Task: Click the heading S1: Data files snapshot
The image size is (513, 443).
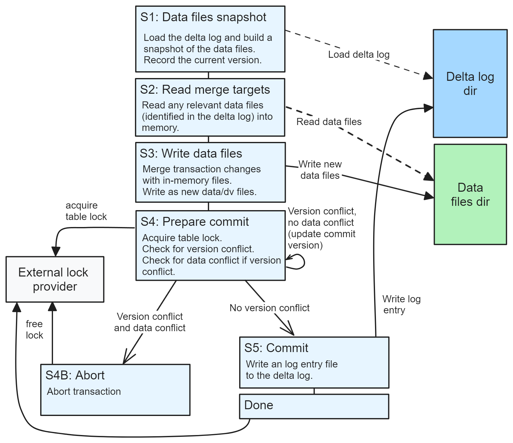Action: pos(203,17)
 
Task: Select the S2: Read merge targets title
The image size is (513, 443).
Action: pos(205,90)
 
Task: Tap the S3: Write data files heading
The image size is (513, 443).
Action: pos(191,154)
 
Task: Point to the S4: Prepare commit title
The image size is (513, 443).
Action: pos(194,222)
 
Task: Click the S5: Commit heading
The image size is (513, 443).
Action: pos(276,348)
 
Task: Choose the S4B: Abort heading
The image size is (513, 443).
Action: pos(75,375)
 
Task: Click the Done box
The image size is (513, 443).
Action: pos(314,406)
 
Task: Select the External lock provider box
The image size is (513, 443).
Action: pos(55,279)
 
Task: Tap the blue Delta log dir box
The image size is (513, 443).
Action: pos(470,84)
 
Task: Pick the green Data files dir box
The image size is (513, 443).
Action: pos(470,194)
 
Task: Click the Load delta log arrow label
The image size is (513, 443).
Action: pos(358,55)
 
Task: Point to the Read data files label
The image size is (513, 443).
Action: pos(329,122)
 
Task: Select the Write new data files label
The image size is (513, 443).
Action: pos(320,170)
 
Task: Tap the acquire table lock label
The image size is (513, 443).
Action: pos(86,211)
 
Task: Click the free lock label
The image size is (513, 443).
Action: pos(34,330)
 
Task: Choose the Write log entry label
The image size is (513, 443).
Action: pos(401,304)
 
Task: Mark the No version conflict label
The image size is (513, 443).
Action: pos(269,308)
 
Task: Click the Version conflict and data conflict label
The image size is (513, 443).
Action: pos(150,322)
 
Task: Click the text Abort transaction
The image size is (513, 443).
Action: pos(84,391)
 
